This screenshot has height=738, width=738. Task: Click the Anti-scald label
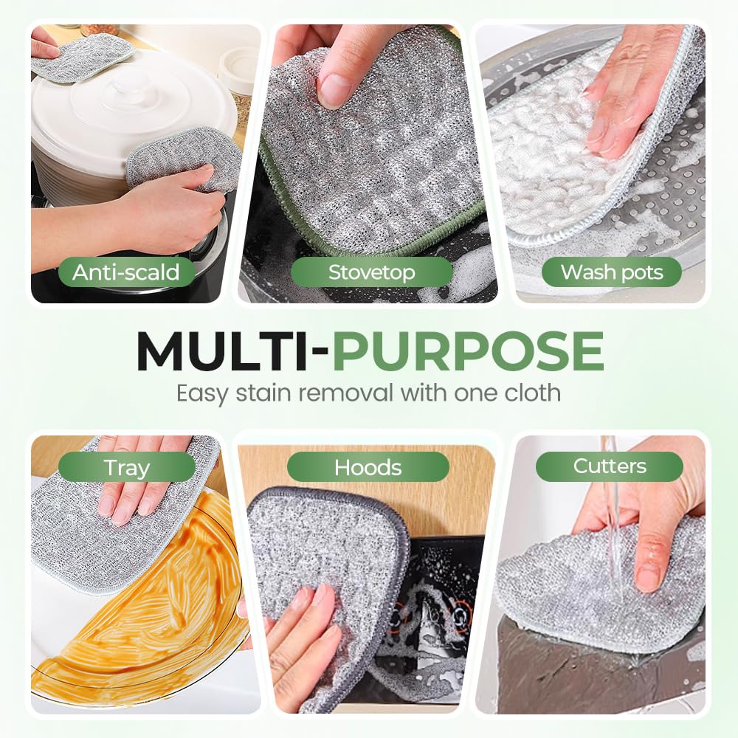pos(125,272)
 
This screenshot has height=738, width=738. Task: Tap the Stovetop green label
pos(371,272)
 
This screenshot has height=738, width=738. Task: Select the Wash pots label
pos(612,272)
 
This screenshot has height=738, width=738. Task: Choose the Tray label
pos(126,467)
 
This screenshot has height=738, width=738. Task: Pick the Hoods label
pos(368,467)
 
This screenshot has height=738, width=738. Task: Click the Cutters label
pos(610,466)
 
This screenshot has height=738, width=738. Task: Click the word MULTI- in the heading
pos(232,351)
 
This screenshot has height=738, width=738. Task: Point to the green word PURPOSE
pos(468,351)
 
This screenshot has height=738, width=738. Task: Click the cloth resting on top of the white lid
pos(81,55)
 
